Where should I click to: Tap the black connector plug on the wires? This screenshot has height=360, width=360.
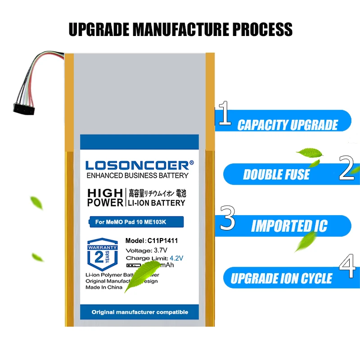pos(22,108)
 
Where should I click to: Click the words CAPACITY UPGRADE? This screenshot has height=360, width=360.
pos(287,125)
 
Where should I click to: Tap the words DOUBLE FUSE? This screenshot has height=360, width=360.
pos(276,174)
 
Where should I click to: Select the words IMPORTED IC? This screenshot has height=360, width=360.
pos(289,226)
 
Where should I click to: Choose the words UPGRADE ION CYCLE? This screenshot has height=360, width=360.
pos(281,278)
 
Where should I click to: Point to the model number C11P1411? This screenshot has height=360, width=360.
pos(161,241)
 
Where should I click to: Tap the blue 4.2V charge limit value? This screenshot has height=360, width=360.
pos(176,258)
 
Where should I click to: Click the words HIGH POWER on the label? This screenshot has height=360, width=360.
pos(105,198)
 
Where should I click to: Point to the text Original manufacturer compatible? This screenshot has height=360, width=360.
pos(139,312)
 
